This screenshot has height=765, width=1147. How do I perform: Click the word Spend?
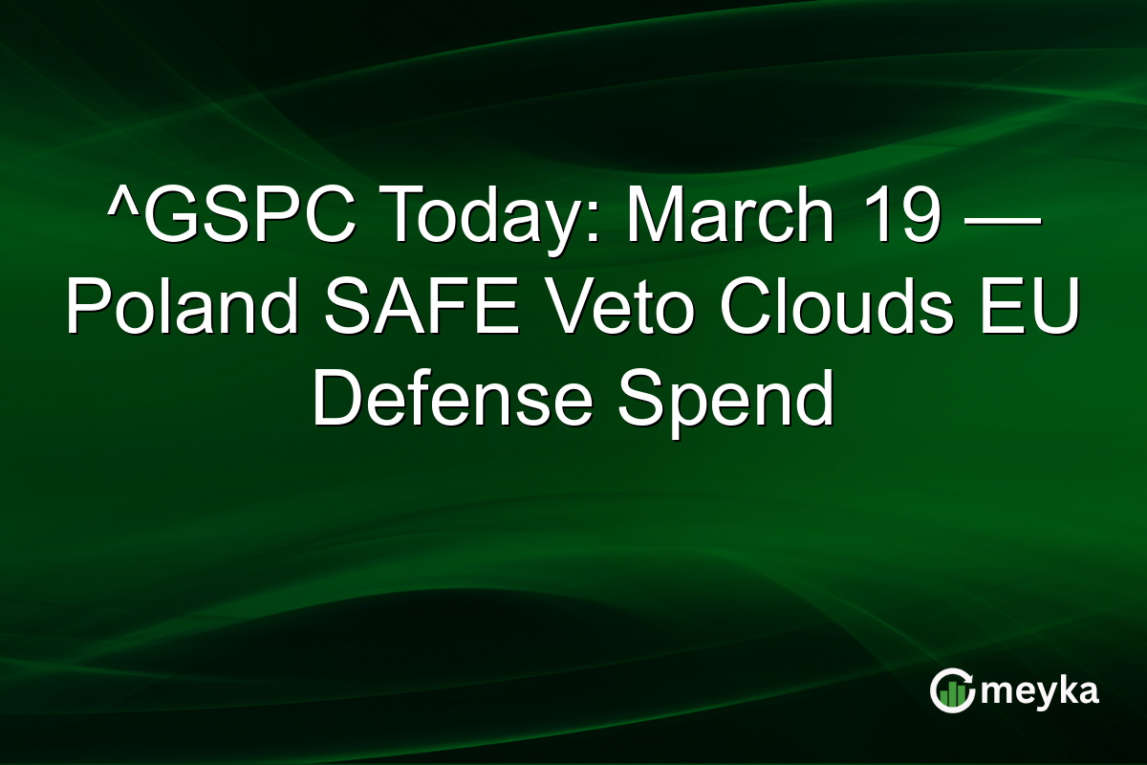725,399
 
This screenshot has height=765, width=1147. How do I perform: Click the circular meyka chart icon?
951,691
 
